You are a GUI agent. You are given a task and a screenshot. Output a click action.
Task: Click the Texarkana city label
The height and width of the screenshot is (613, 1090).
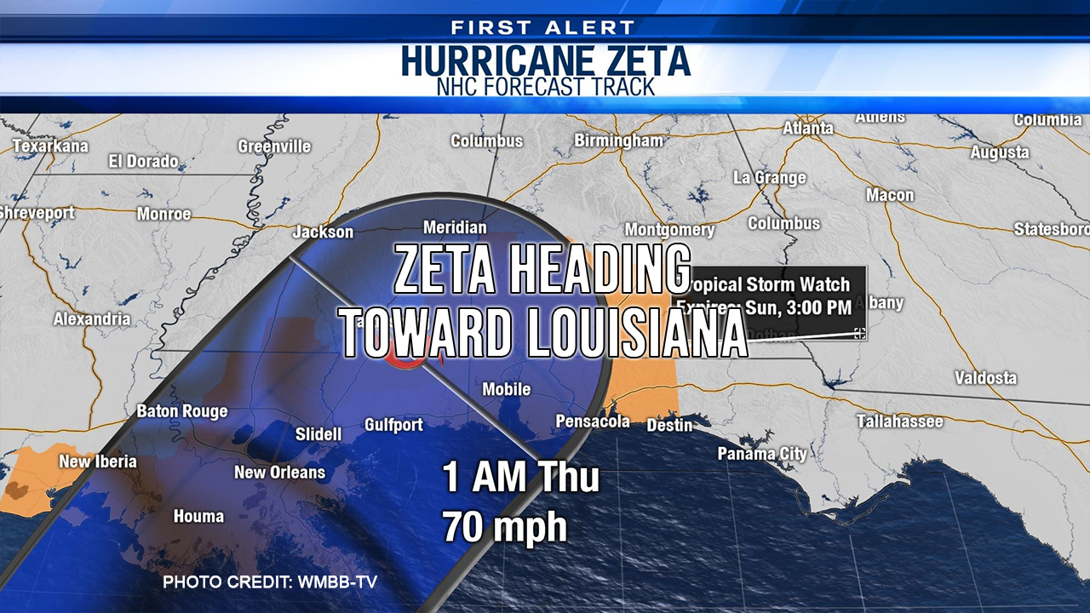coord(50,146)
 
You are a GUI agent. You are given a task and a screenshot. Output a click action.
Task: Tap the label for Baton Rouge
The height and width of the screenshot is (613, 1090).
coord(182,411)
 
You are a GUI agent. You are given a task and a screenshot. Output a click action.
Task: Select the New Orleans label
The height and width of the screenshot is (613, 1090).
coord(279,472)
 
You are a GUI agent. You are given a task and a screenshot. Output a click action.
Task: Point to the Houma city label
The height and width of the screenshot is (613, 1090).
coord(198,516)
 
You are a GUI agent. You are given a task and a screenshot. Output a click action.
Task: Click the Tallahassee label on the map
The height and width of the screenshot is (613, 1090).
coord(899,421)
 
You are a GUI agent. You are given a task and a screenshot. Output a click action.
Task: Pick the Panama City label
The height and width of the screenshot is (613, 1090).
coord(761,454)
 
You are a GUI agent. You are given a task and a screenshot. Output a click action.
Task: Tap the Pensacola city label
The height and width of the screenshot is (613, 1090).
coord(593,421)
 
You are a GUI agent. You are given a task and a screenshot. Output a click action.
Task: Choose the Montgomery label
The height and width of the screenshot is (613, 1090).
coord(669,230)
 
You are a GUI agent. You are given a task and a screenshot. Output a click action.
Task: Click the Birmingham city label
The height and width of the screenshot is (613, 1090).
coord(618,140)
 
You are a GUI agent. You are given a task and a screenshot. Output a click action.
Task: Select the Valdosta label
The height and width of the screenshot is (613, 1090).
coord(985,377)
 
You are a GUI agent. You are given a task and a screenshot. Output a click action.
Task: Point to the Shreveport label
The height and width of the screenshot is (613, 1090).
coord(37,213)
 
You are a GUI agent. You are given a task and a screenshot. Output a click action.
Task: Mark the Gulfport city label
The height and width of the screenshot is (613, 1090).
coord(393,424)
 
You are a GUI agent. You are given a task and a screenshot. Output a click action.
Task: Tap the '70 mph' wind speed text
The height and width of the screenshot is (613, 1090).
coord(504,527)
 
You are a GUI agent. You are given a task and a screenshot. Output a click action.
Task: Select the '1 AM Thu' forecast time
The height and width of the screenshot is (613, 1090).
coord(520,478)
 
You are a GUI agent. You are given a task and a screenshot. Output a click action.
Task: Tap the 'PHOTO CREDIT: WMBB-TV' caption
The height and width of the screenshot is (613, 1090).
coord(270,582)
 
